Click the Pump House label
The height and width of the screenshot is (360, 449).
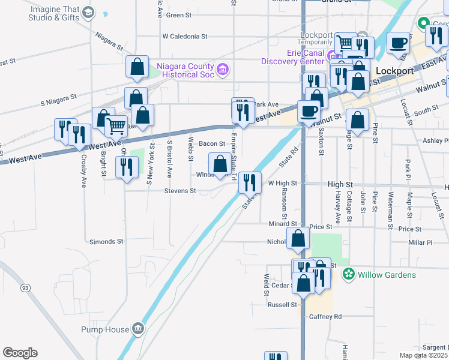click(105, 329)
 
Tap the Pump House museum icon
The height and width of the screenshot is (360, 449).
click(138, 328)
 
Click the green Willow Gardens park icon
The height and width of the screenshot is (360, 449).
click(348, 274)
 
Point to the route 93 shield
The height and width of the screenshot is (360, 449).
click(25, 288)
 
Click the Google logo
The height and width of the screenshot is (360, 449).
click(20, 353)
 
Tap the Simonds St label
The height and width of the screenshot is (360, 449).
click(106, 241)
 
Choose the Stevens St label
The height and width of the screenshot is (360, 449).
click(181, 191)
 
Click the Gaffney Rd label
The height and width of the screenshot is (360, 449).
click(325, 316)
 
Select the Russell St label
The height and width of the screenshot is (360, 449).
click(282, 304)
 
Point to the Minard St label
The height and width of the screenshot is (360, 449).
click(282, 223)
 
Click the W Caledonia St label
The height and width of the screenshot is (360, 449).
click(184, 36)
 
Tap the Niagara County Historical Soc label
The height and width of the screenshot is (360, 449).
click(185, 70)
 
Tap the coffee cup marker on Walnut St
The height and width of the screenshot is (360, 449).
click(309, 111)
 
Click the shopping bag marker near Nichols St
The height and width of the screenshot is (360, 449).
click(298, 238)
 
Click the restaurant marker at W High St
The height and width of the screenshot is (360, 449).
click(250, 182)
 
